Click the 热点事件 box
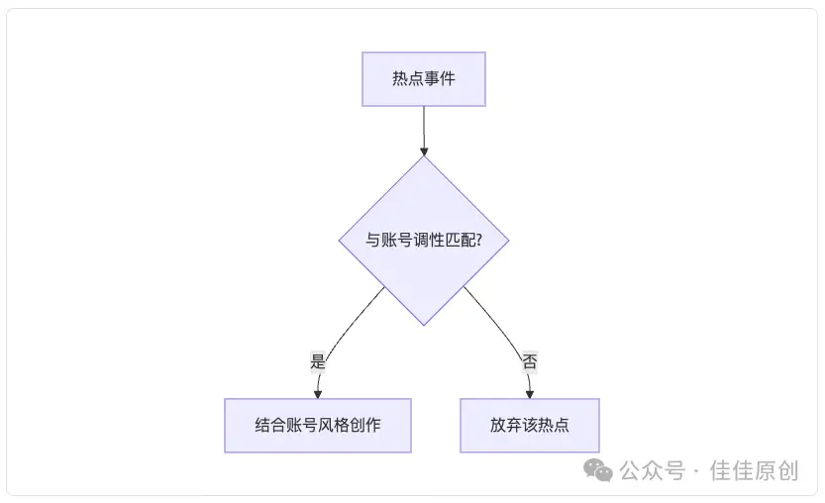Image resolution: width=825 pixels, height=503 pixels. (424, 79)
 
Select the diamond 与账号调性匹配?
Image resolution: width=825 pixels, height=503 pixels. (424, 241)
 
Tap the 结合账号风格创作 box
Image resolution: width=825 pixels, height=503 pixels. (318, 425)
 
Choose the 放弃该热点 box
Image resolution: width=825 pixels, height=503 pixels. (530, 425)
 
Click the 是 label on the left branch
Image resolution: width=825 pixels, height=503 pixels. (318, 361)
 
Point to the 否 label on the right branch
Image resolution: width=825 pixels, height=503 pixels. (530, 361)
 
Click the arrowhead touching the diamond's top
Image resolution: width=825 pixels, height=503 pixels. (424, 151)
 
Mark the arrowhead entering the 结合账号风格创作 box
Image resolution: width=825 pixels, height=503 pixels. (318, 393)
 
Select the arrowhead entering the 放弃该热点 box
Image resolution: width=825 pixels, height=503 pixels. (530, 393)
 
